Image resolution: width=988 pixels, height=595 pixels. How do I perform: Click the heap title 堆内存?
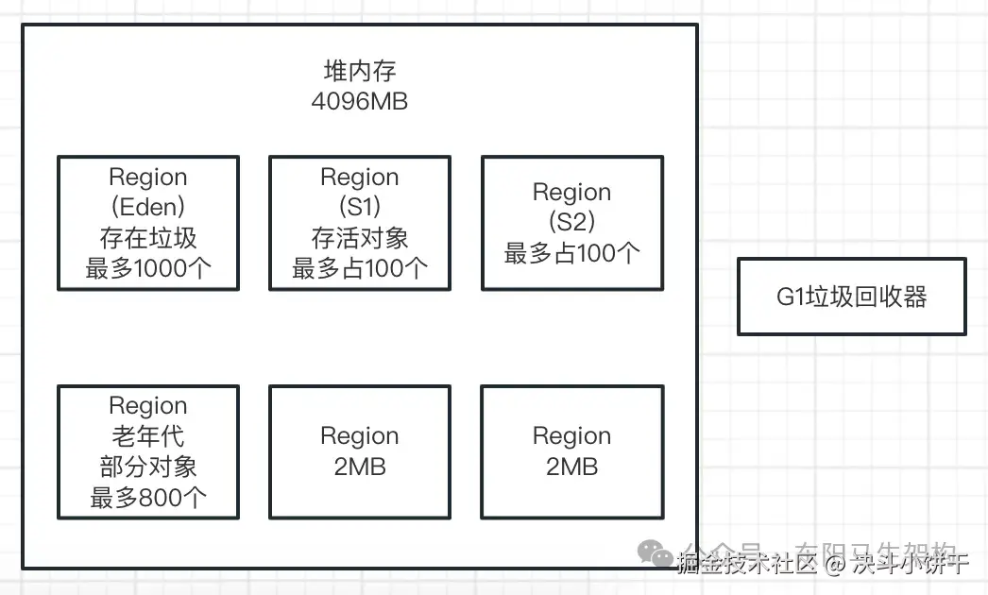click(359, 73)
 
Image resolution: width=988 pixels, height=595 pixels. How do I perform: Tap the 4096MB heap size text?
click(359, 102)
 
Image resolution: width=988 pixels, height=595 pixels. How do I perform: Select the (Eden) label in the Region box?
click(148, 207)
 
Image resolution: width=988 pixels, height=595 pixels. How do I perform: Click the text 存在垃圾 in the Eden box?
click(148, 237)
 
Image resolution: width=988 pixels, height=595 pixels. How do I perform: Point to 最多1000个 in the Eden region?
click(148, 268)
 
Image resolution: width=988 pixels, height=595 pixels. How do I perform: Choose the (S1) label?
click(359, 207)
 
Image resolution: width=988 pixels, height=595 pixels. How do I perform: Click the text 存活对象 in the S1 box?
click(359, 237)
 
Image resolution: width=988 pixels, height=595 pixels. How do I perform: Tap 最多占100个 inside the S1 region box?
click(359, 268)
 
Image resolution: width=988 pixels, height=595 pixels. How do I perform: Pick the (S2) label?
click(571, 222)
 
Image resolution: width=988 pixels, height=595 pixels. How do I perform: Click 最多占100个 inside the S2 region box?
click(571, 253)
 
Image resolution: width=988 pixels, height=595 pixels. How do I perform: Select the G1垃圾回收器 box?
click(851, 297)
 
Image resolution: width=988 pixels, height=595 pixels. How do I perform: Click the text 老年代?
click(148, 436)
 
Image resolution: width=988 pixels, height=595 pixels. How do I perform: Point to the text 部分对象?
click(148, 467)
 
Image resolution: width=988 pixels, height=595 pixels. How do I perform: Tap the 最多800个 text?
click(148, 498)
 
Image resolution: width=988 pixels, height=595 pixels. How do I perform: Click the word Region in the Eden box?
click(148, 177)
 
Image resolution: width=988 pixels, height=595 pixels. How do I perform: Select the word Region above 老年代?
click(148, 405)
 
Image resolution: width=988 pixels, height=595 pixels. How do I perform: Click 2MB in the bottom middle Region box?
click(359, 467)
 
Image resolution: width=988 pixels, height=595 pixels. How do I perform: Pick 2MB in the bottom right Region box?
click(571, 467)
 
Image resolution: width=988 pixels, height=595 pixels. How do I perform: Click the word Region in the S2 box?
click(571, 192)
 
